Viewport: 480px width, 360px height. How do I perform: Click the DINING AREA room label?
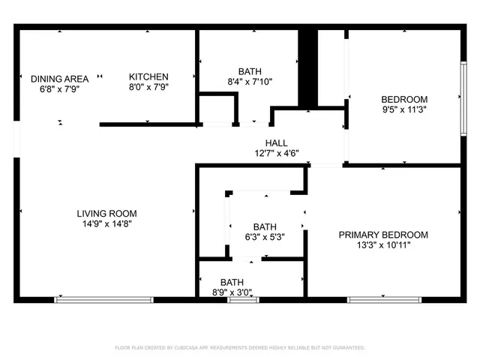pos(60,78)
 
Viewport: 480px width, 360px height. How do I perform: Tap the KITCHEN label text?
pos(148,76)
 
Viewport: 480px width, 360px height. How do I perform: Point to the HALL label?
pos(276,142)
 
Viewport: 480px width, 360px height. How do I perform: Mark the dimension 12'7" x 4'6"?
pos(276,154)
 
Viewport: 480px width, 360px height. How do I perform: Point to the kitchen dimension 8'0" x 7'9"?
pos(148,88)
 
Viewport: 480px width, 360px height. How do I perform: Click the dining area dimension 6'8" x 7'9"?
pos(60,88)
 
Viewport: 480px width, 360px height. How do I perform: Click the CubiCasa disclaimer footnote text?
pos(239,348)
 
